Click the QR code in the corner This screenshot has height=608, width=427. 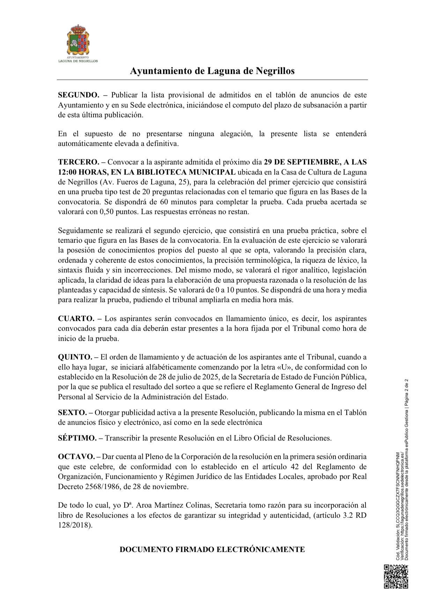396,577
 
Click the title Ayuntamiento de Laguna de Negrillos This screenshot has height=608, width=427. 212,71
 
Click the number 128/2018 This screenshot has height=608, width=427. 74,525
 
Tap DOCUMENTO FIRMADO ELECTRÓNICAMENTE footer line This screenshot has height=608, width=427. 212,550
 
